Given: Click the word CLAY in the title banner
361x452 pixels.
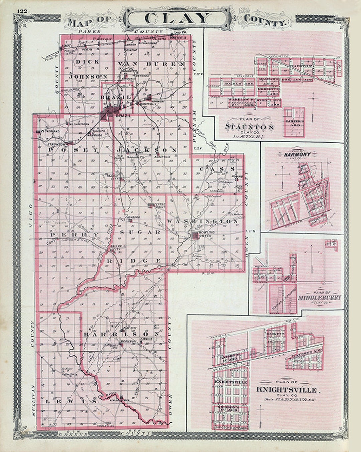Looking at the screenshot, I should [177, 19].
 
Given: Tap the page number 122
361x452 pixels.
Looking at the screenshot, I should [22, 11].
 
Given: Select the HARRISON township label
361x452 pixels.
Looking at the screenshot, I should [121, 334].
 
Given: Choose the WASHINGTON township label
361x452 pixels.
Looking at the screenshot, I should [203, 222].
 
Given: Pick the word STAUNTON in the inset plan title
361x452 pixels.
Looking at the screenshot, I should [250, 127].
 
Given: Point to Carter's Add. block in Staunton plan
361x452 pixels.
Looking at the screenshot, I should [294, 123].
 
